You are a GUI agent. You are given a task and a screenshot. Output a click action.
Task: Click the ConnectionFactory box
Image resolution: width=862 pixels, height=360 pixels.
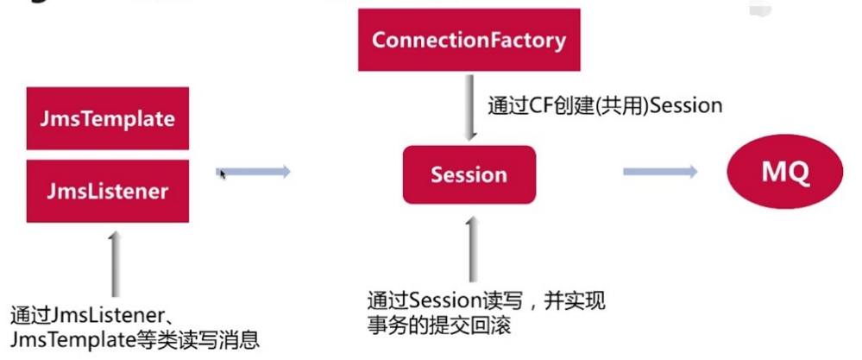pyautogui.click(x=469, y=40)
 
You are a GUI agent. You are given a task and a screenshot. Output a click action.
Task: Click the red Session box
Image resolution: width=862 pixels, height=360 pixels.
pyautogui.click(x=469, y=174)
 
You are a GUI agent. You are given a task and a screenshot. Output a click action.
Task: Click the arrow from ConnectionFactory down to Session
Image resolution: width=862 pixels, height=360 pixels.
pyautogui.click(x=470, y=109)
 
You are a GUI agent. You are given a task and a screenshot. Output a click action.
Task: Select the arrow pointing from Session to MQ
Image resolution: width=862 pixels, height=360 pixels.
pyautogui.click(x=660, y=173)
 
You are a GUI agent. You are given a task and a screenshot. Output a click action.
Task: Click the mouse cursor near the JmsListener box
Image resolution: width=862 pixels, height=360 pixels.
pyautogui.click(x=223, y=174)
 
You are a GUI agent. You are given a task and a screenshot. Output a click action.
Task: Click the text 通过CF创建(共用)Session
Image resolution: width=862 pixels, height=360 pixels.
pyautogui.click(x=604, y=106)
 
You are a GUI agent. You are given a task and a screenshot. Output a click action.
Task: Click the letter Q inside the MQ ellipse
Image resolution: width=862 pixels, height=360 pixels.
pyautogui.click(x=798, y=173)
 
